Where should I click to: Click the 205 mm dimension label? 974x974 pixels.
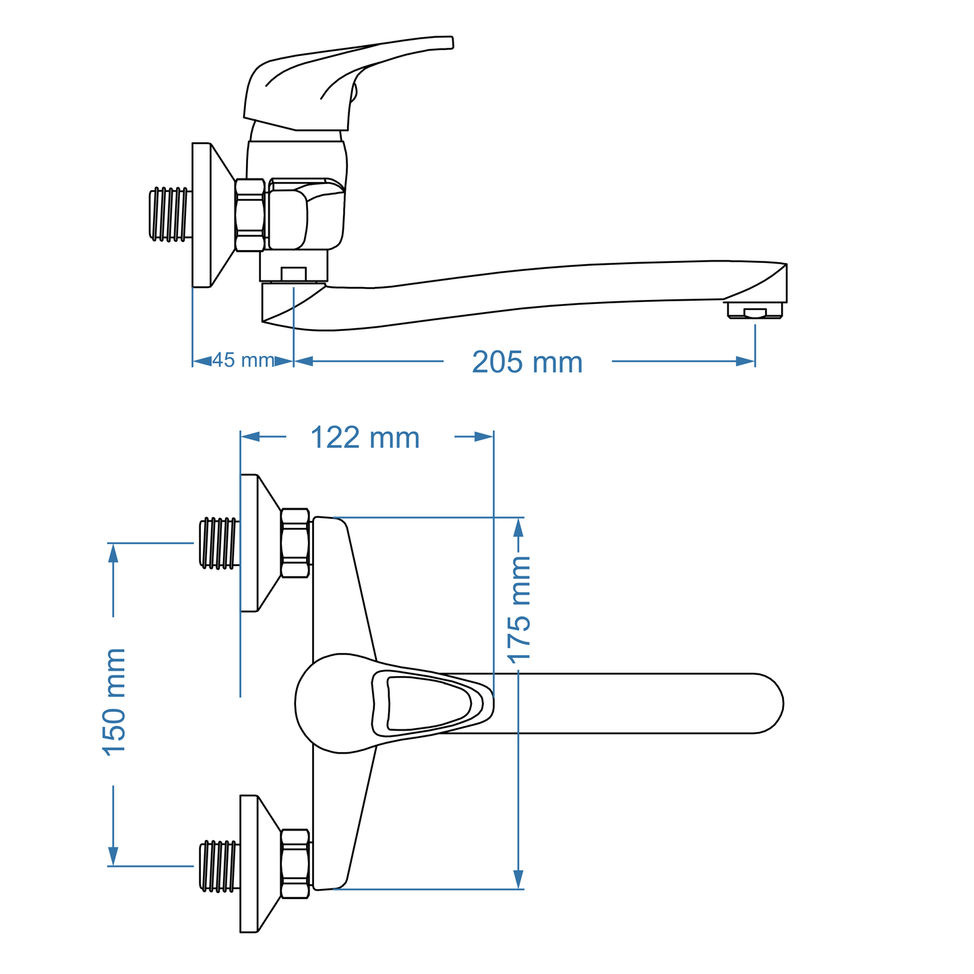[526, 362]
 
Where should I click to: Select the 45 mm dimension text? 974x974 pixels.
[243, 361]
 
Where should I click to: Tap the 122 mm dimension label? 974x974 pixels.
[365, 437]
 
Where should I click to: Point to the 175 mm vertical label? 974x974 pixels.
[519, 610]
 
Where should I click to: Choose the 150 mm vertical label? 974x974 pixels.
[114, 702]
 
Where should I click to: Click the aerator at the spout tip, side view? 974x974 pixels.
[754, 311]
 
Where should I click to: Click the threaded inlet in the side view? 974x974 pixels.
[169, 214]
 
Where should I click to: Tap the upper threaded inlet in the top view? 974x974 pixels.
[219, 543]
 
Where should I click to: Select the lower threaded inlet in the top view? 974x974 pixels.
[219, 865]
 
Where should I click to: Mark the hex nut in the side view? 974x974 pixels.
[249, 215]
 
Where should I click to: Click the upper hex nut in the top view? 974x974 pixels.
[295, 543]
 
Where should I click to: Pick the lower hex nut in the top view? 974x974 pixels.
[295, 864]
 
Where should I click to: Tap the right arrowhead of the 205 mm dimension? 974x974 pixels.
[745, 361]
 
